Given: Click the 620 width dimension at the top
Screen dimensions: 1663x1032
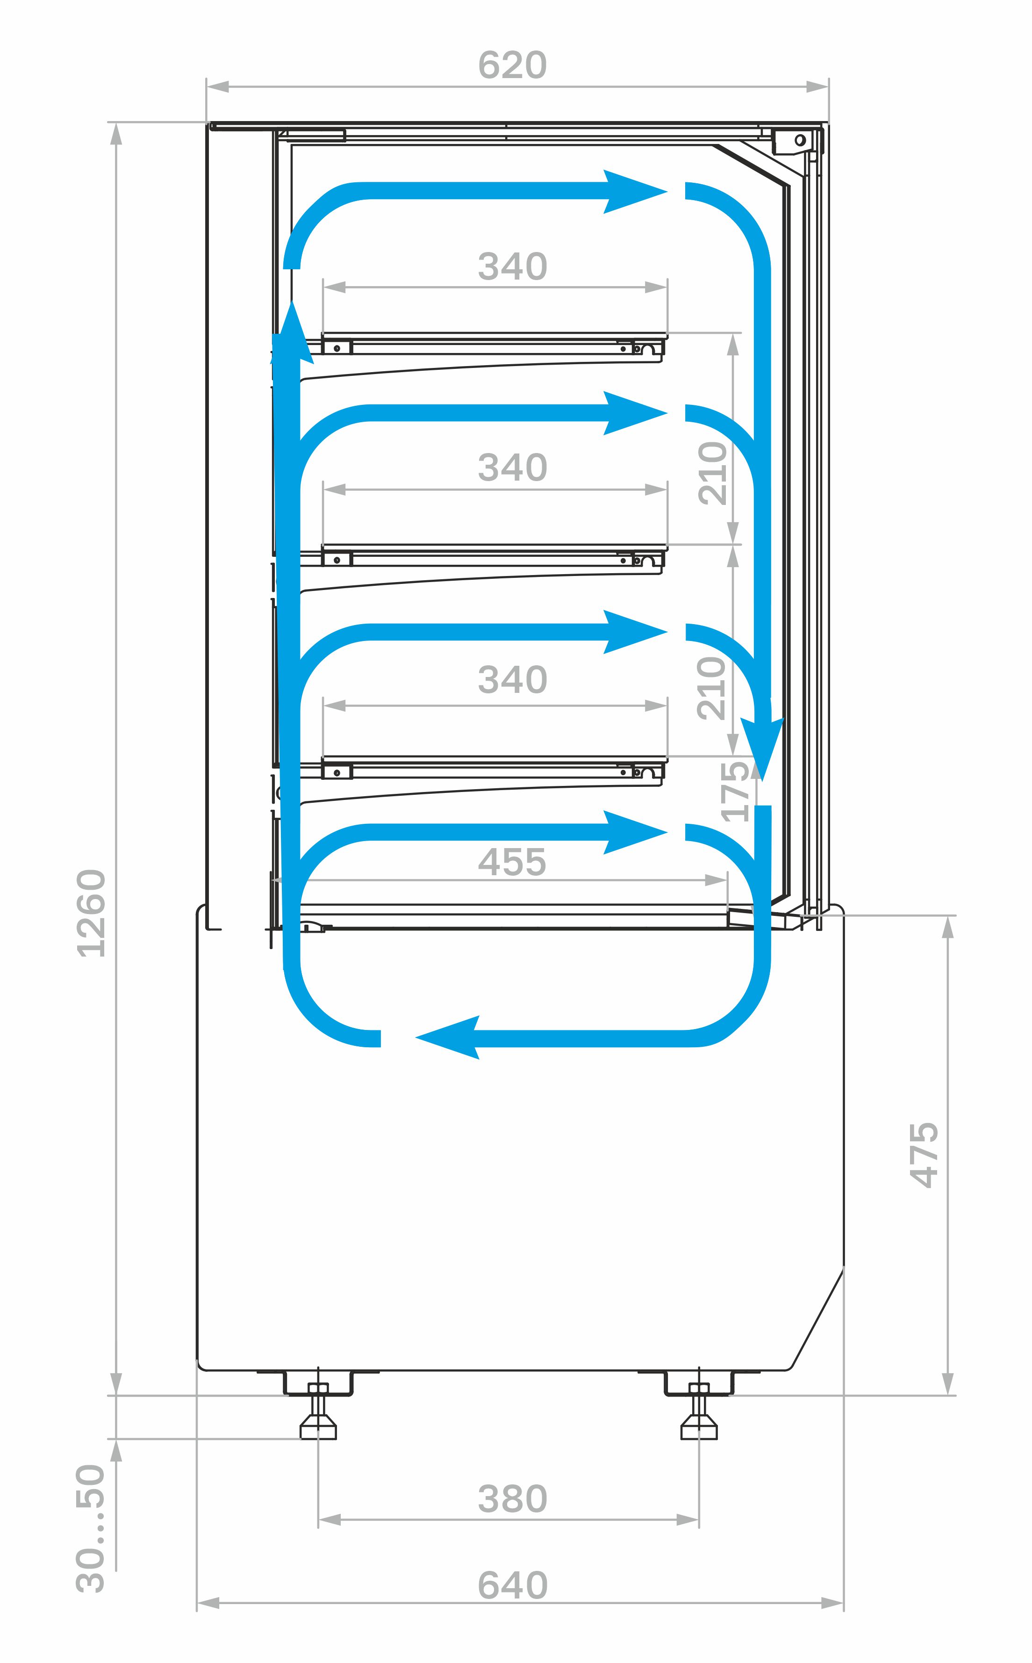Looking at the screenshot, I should point(512,65).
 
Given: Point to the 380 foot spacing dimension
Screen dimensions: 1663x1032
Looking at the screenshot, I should point(512,1499).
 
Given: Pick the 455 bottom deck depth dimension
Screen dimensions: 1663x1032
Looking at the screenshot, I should point(512,862).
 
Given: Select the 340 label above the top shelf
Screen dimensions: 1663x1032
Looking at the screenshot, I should point(512,266).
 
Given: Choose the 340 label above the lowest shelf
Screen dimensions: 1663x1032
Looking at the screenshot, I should point(512,680).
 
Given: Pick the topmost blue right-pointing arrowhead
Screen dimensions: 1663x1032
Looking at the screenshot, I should point(635,192).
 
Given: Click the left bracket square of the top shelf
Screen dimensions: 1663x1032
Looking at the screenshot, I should point(337,348).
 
